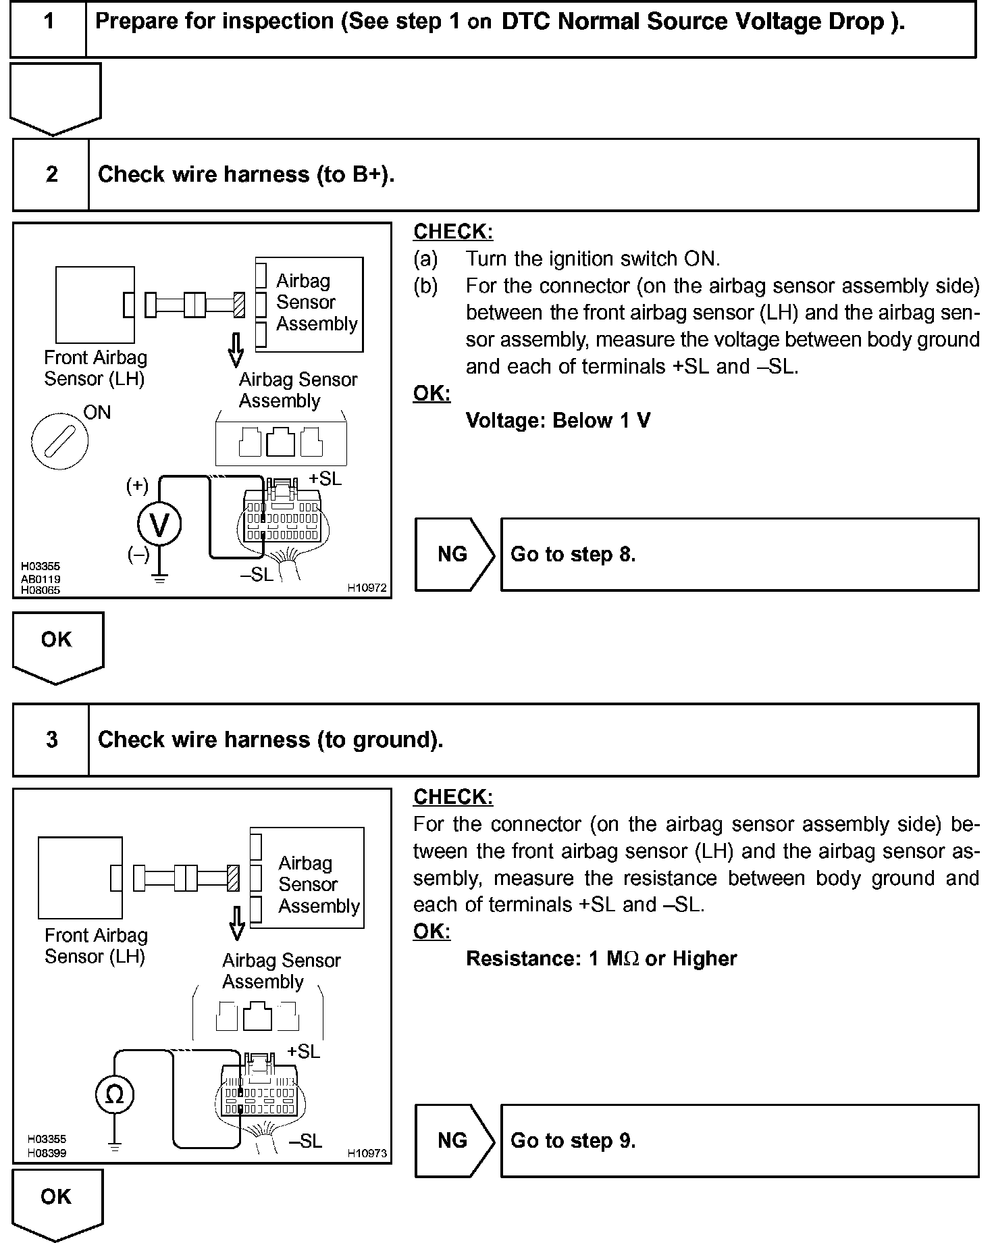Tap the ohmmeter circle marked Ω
click(x=115, y=1094)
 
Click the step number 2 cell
click(x=51, y=174)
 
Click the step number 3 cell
click(x=51, y=740)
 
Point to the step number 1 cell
click(x=49, y=22)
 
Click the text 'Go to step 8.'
click(x=573, y=555)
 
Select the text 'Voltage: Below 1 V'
click(x=558, y=421)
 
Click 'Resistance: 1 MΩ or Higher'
click(x=601, y=959)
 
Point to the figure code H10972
click(x=367, y=588)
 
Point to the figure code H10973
click(x=367, y=1153)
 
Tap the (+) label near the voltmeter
click(x=137, y=485)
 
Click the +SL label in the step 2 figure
click(x=325, y=478)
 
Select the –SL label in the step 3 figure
click(x=305, y=1141)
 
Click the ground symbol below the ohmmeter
click(x=115, y=1146)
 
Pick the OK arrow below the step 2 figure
click(x=57, y=645)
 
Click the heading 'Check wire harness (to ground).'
click(x=270, y=740)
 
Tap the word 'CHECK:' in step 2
click(x=453, y=232)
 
